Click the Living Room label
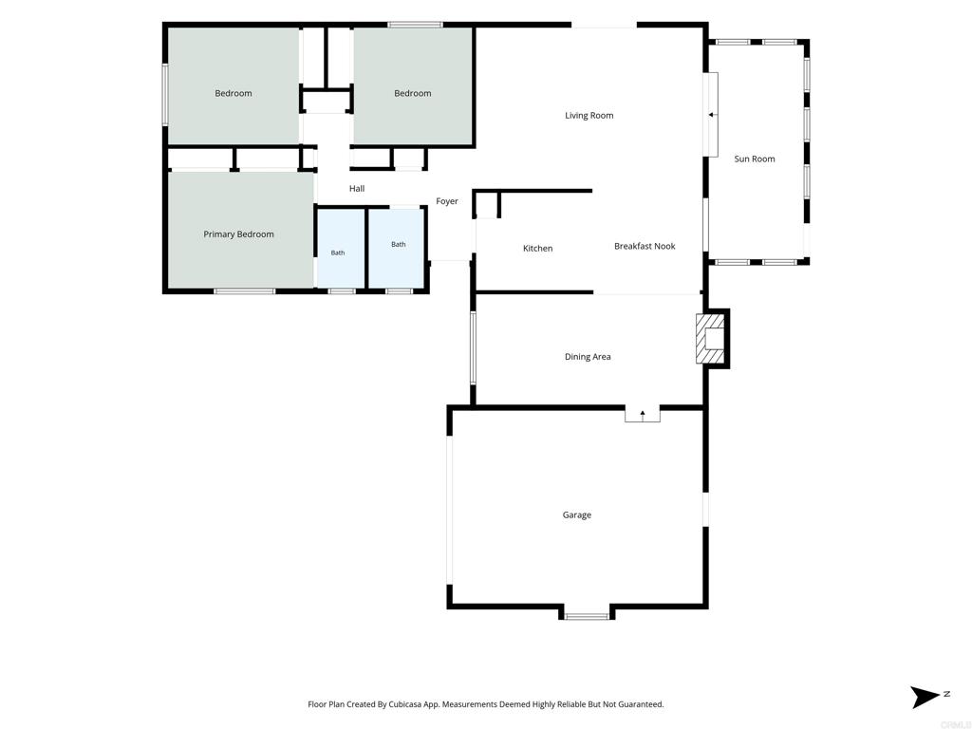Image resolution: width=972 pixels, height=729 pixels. [x=589, y=115]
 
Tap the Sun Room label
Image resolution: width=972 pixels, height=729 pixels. [x=755, y=159]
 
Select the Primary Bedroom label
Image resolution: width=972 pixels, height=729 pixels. [x=238, y=234]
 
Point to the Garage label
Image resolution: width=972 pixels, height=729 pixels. [x=576, y=514]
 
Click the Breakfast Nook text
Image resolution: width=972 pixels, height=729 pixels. [x=645, y=246]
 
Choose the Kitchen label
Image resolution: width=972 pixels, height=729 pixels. [x=537, y=248]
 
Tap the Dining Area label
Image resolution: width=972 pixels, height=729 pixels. [x=588, y=357]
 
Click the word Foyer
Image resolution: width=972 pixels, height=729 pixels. [x=447, y=201]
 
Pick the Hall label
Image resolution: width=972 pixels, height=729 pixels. [x=357, y=189]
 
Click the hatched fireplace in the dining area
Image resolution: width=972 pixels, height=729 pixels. [x=710, y=339]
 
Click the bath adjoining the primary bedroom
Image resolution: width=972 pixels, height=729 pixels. [x=341, y=248]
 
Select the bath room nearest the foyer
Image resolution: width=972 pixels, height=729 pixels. [x=397, y=248]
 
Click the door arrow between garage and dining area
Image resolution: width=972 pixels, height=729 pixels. [x=643, y=414]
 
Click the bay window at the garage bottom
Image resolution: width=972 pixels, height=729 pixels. [x=587, y=616]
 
